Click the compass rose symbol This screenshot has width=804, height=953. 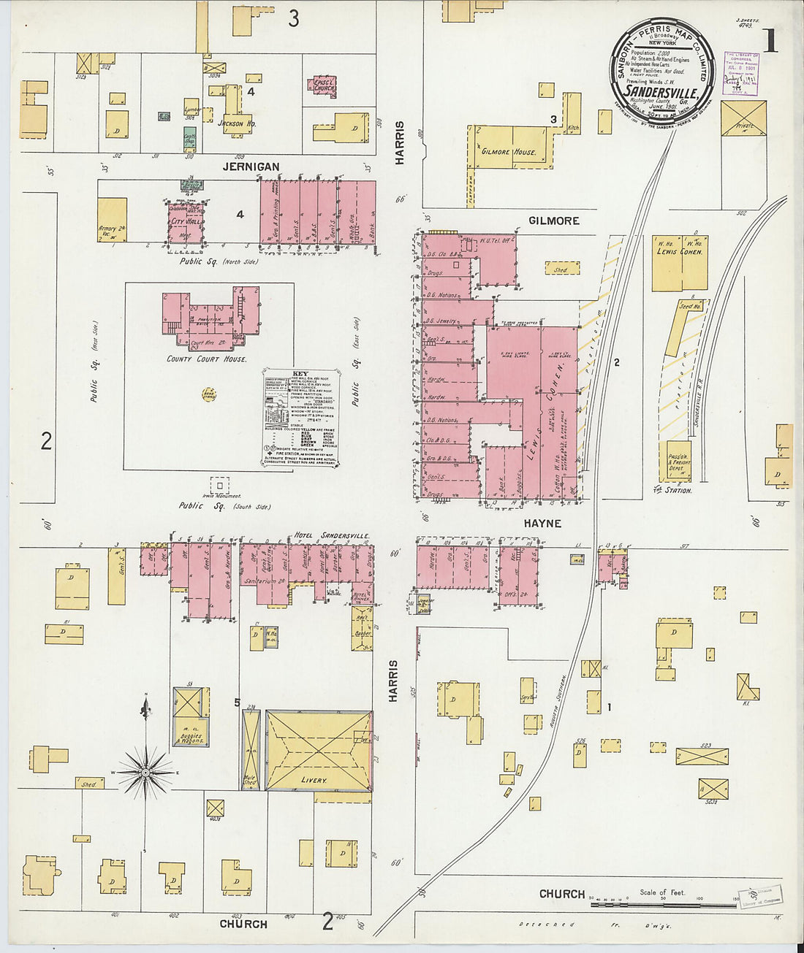click(x=145, y=771)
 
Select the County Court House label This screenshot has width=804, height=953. click(x=207, y=359)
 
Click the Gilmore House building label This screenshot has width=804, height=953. click(x=509, y=152)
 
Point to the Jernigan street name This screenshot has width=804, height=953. click(x=251, y=167)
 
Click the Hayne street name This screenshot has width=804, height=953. click(x=542, y=523)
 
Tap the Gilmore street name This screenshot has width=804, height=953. click(x=554, y=220)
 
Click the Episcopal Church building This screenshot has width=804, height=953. click(x=325, y=86)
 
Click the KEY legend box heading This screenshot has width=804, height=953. click(x=300, y=373)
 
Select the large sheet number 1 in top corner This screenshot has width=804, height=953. click(x=769, y=40)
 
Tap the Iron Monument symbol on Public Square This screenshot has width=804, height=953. click(x=219, y=484)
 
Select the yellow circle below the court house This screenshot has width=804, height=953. click(x=209, y=394)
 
